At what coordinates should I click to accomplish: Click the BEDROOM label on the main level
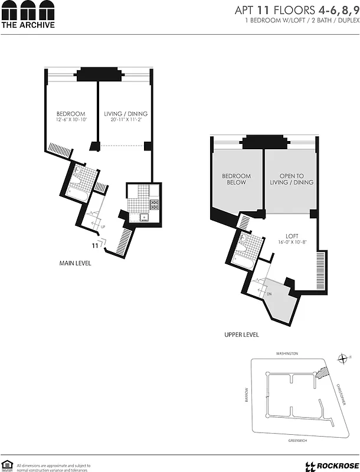pyautogui.click(x=71, y=114)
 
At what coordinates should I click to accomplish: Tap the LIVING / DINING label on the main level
pyautogui.click(x=126, y=114)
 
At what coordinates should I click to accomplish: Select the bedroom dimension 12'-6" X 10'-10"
pyautogui.click(x=71, y=120)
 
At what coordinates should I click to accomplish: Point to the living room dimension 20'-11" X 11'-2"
pyautogui.click(x=126, y=120)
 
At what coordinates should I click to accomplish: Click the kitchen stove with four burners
pyautogui.click(x=155, y=205)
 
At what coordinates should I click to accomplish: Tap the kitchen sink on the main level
pyautogui.click(x=143, y=217)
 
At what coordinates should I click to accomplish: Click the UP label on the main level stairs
pyautogui.click(x=104, y=227)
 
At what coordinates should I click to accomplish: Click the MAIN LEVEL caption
pyautogui.click(x=75, y=263)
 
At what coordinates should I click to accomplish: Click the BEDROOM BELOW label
pyautogui.click(x=236, y=179)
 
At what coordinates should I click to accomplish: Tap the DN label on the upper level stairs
pyautogui.click(x=269, y=293)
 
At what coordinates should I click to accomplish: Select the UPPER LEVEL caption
pyautogui.click(x=241, y=335)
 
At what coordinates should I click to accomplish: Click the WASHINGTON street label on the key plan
pyautogui.click(x=287, y=353)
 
